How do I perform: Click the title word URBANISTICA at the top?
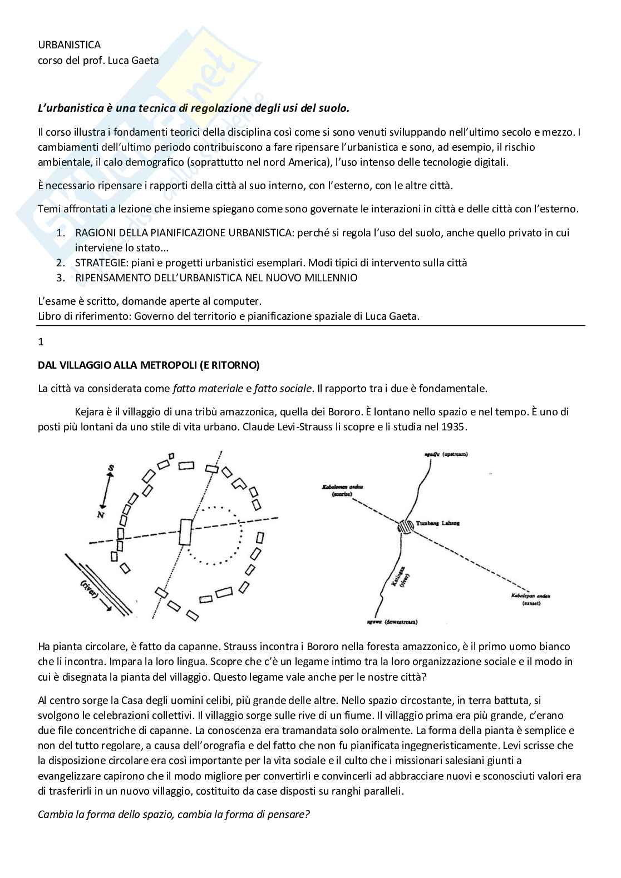(x=69, y=44)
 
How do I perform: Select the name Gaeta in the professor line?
(x=145, y=60)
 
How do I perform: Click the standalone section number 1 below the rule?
(x=41, y=342)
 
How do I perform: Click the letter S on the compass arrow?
(x=111, y=469)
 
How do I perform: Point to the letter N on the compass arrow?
(x=101, y=514)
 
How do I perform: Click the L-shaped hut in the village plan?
(x=239, y=483)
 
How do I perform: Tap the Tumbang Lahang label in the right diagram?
(x=437, y=523)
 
